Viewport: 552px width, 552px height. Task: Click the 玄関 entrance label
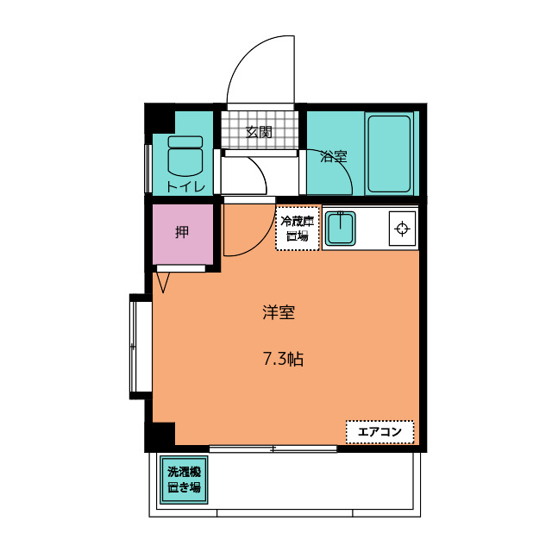pyautogui.click(x=259, y=132)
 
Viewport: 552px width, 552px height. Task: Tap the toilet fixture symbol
pyautogui.click(x=185, y=156)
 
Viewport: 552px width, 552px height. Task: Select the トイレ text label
pyautogui.click(x=185, y=186)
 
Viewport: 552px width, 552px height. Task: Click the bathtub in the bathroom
pyautogui.click(x=389, y=154)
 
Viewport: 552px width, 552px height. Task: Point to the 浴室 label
pyautogui.click(x=334, y=156)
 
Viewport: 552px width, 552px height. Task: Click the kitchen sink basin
pyautogui.click(x=340, y=228)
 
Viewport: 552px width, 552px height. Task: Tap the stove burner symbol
pyautogui.click(x=403, y=229)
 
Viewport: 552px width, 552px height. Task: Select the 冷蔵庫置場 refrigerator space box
pyautogui.click(x=298, y=229)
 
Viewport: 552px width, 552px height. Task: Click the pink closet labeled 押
pyautogui.click(x=183, y=234)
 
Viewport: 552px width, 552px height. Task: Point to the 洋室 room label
pyautogui.click(x=279, y=312)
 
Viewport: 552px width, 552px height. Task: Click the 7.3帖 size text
pyautogui.click(x=284, y=359)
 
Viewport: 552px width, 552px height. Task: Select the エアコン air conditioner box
pyautogui.click(x=379, y=431)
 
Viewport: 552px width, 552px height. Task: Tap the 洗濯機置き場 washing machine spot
pyautogui.click(x=184, y=480)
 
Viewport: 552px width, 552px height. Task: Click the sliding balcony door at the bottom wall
pyautogui.click(x=273, y=448)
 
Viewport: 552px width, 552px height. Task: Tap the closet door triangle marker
pyautogui.click(x=163, y=282)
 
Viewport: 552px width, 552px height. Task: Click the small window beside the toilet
pyautogui.click(x=148, y=169)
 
